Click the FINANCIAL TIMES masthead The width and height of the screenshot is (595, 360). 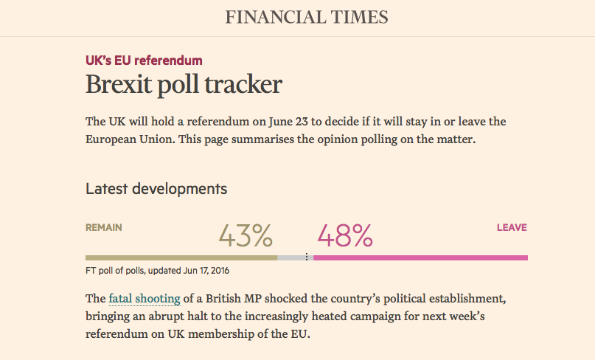pos(306,17)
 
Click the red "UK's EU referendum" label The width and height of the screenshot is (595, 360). pos(144,60)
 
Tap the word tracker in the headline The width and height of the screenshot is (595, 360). pos(245,84)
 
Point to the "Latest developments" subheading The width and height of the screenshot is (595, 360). pos(156,189)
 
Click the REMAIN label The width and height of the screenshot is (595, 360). pos(104,228)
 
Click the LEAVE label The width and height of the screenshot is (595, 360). pos(512,228)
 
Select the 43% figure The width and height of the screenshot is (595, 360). pos(246,235)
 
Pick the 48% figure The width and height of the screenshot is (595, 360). pos(345,235)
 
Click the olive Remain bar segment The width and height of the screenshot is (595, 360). pos(181,257)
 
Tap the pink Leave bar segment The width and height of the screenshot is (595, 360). pos(420,257)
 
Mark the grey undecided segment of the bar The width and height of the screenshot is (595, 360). pos(290,257)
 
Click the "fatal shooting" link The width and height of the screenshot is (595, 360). pos(145,299)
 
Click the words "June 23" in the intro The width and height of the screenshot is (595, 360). pos(285,122)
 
